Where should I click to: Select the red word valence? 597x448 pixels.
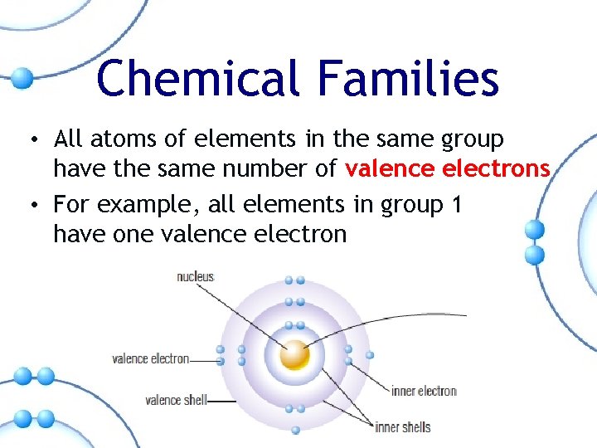(x=391, y=169)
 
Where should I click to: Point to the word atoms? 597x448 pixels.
(x=118, y=138)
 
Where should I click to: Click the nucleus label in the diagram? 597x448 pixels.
(x=196, y=276)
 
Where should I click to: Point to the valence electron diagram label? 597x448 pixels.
(x=151, y=359)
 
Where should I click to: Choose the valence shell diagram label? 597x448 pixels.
(x=176, y=400)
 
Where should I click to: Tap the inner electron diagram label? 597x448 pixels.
(x=424, y=391)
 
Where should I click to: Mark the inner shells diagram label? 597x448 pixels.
(x=403, y=427)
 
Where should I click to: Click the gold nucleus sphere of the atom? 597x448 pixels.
(x=294, y=356)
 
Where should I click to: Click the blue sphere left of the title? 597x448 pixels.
(x=22, y=79)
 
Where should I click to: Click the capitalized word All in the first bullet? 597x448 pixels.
(x=68, y=138)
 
